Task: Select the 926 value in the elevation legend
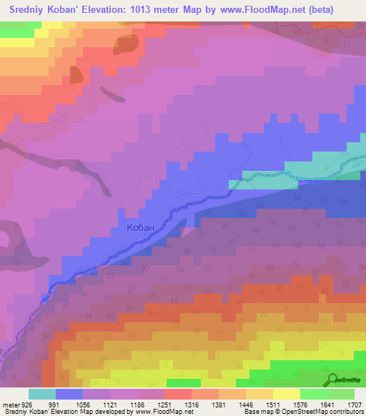pos(25,404)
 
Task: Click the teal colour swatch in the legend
pos(42,394)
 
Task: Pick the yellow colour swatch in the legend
pos(286,394)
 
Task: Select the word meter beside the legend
pos(9,404)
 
